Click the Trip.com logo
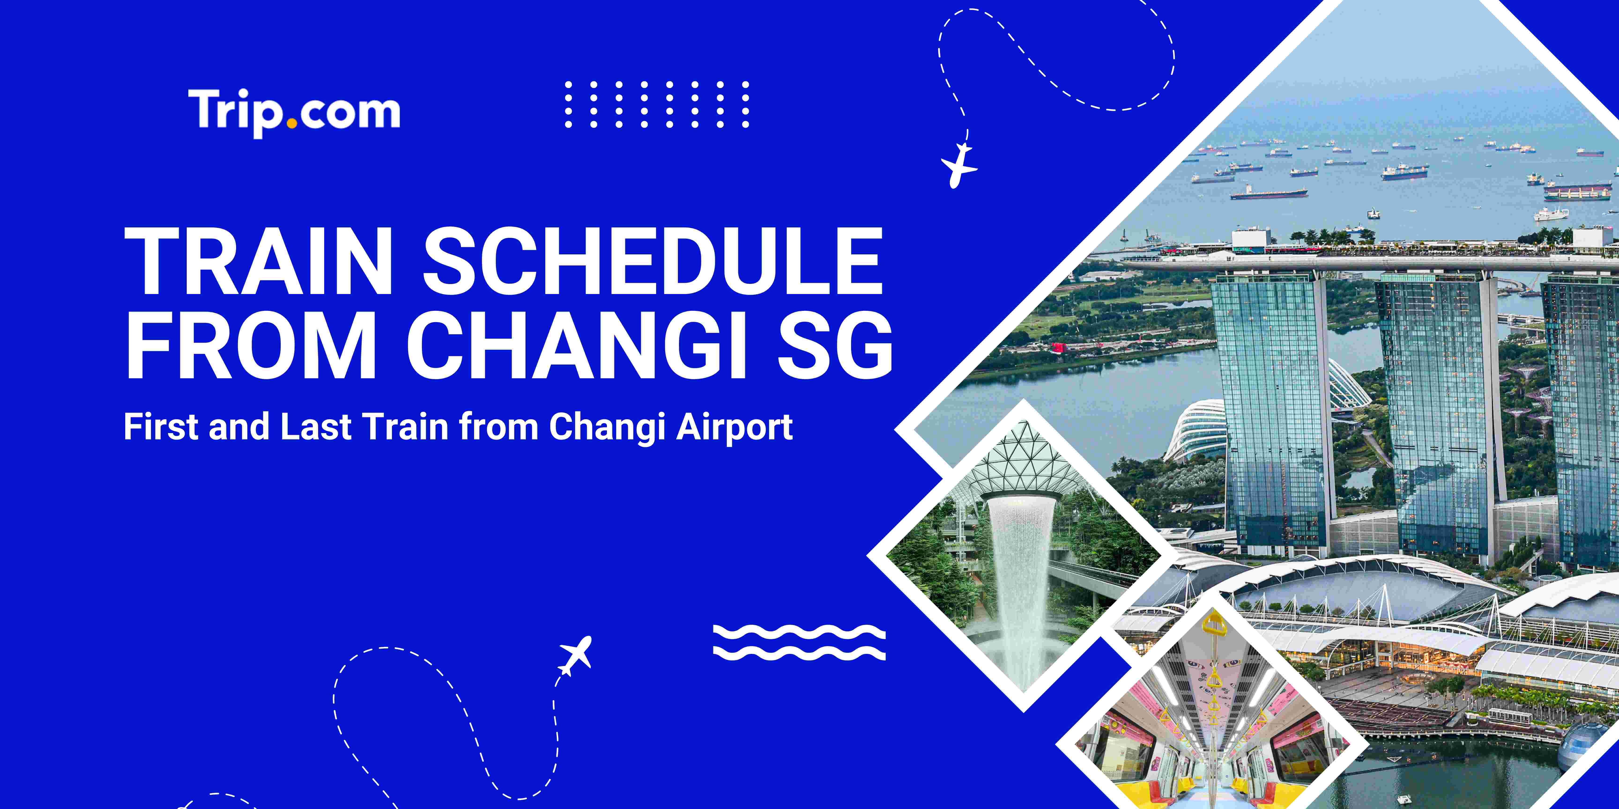point(293,112)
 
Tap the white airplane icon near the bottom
point(574,655)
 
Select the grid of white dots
point(657,104)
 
